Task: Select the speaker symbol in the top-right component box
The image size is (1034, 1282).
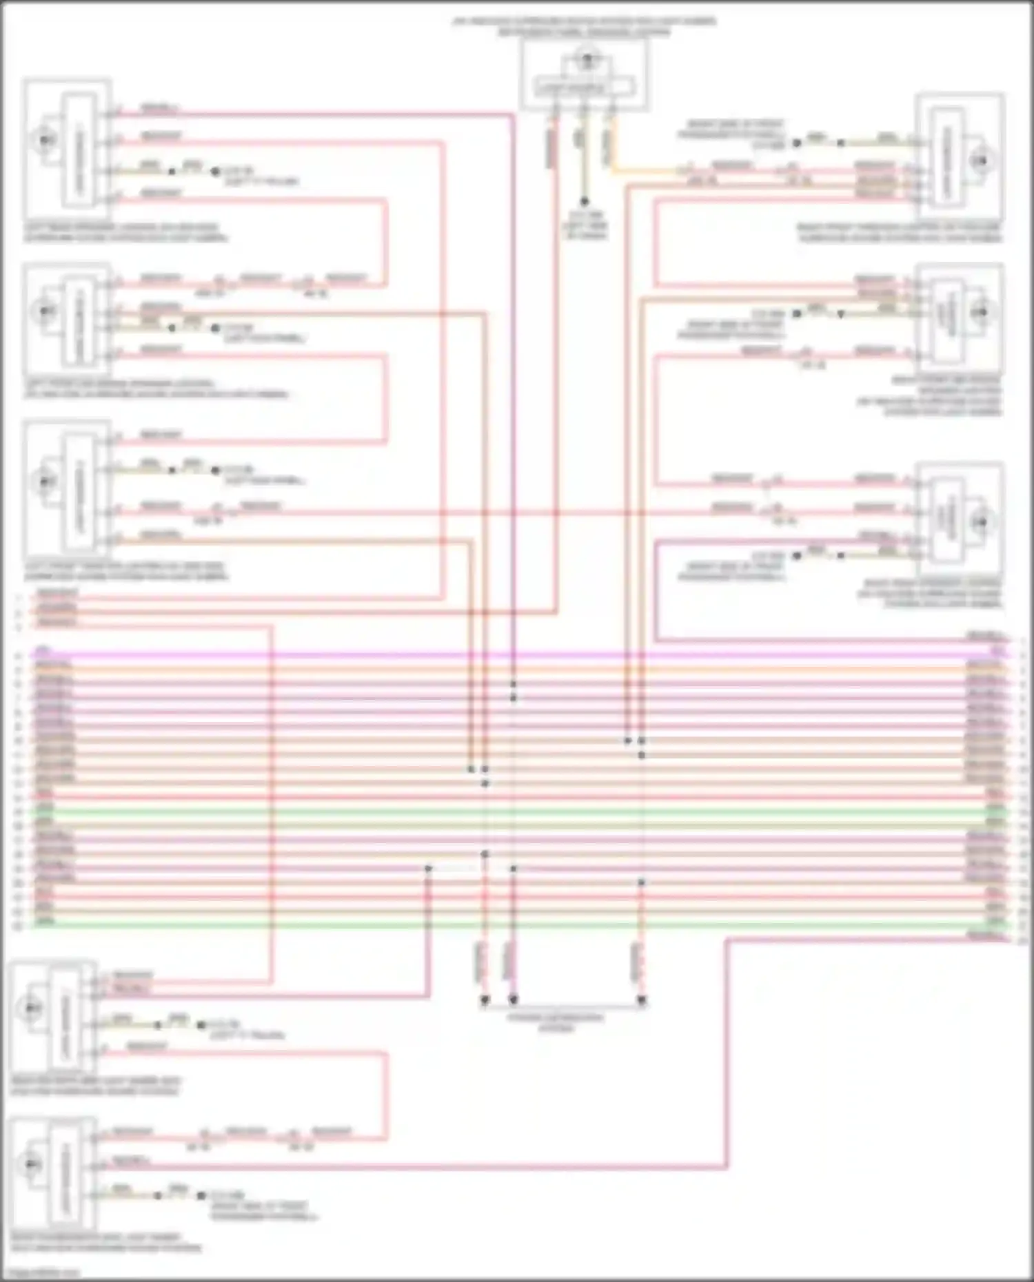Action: (979, 161)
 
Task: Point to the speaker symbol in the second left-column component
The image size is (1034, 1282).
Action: (45, 311)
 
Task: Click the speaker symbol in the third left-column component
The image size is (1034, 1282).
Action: (45, 480)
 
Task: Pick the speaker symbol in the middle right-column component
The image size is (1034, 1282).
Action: (979, 312)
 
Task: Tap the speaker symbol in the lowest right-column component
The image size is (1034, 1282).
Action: (979, 521)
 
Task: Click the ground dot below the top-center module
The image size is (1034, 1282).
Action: (584, 202)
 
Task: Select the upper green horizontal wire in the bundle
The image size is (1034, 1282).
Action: (517, 811)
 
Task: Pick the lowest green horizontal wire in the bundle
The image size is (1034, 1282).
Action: (517, 924)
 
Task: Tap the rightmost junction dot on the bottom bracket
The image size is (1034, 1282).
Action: (642, 1000)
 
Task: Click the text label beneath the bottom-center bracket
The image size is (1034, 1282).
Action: (556, 1022)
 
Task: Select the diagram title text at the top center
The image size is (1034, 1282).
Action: (584, 26)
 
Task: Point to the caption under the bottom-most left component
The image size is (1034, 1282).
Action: (106, 1242)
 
